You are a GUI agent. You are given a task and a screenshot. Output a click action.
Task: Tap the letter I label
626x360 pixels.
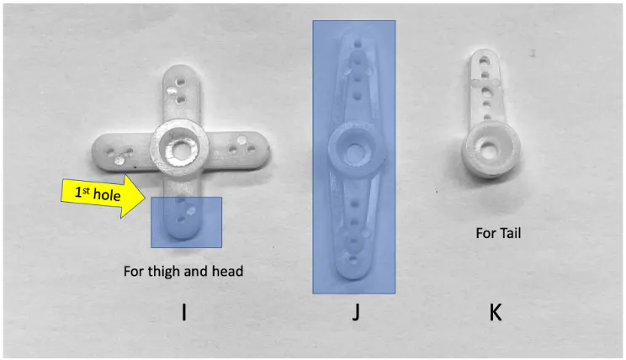pyautogui.click(x=183, y=313)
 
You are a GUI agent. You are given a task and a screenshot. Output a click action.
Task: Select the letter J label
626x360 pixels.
pyautogui.click(x=356, y=313)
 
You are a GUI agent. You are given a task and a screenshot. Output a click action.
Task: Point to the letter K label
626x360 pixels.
pyautogui.click(x=496, y=313)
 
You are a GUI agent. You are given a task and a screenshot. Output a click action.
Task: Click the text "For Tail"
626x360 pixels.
pyautogui.click(x=498, y=233)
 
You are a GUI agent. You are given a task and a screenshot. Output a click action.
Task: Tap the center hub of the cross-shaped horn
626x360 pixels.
pyautogui.click(x=178, y=149)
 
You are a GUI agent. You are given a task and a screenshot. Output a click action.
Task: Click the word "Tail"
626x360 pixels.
pyautogui.click(x=509, y=233)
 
